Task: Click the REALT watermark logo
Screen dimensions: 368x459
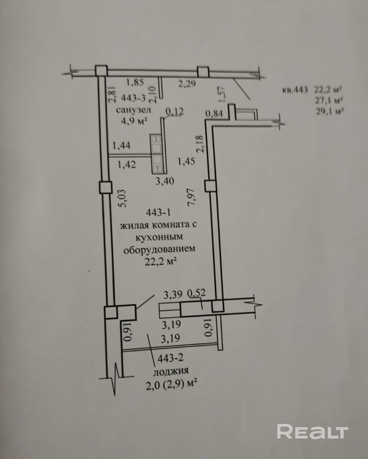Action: point(312,432)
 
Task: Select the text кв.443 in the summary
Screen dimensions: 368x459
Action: point(295,90)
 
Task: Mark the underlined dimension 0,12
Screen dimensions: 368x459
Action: point(175,112)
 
